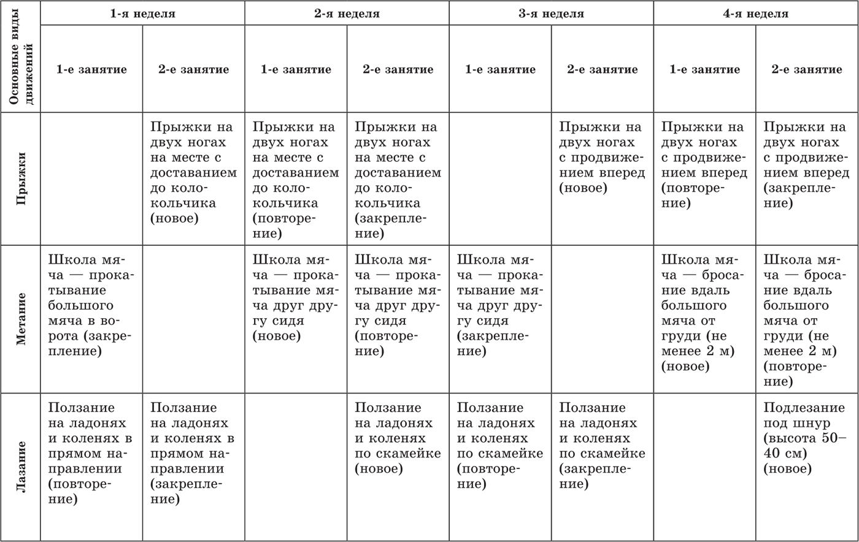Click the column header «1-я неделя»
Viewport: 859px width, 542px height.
[142, 13]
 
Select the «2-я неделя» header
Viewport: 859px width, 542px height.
[347, 13]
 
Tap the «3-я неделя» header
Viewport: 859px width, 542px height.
[551, 13]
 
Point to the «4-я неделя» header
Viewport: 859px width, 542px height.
[755, 13]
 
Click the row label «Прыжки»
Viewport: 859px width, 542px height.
[21, 178]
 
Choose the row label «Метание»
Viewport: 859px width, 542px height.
[21, 319]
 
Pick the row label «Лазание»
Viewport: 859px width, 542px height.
[21, 467]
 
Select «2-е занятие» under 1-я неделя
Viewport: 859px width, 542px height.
[193, 69]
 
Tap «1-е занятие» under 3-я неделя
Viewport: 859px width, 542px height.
[500, 69]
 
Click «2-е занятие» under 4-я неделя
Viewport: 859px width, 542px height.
[807, 69]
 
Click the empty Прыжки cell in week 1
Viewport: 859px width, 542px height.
[91, 178]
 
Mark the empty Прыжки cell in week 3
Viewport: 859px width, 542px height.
[500, 178]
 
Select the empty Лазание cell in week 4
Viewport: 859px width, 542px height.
[704, 467]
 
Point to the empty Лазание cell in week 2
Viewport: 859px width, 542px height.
[296, 467]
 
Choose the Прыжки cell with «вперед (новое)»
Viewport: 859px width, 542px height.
[602, 158]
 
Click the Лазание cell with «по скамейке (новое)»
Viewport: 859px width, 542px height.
[398, 438]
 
